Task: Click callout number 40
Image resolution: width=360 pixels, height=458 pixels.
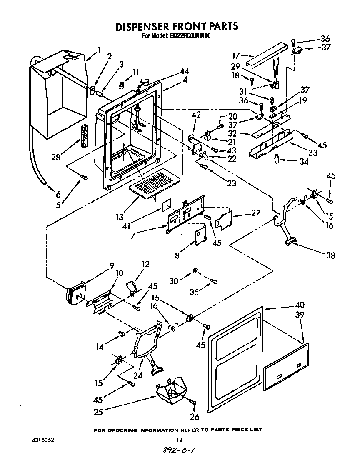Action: (299, 305)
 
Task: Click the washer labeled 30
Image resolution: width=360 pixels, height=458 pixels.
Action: (195, 272)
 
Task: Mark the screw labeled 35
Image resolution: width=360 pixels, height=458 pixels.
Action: (214, 282)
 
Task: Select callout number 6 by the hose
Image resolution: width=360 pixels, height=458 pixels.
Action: (58, 194)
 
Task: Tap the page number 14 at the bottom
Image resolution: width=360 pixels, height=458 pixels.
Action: (179, 440)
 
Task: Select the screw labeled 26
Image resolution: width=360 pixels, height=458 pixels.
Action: (193, 401)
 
